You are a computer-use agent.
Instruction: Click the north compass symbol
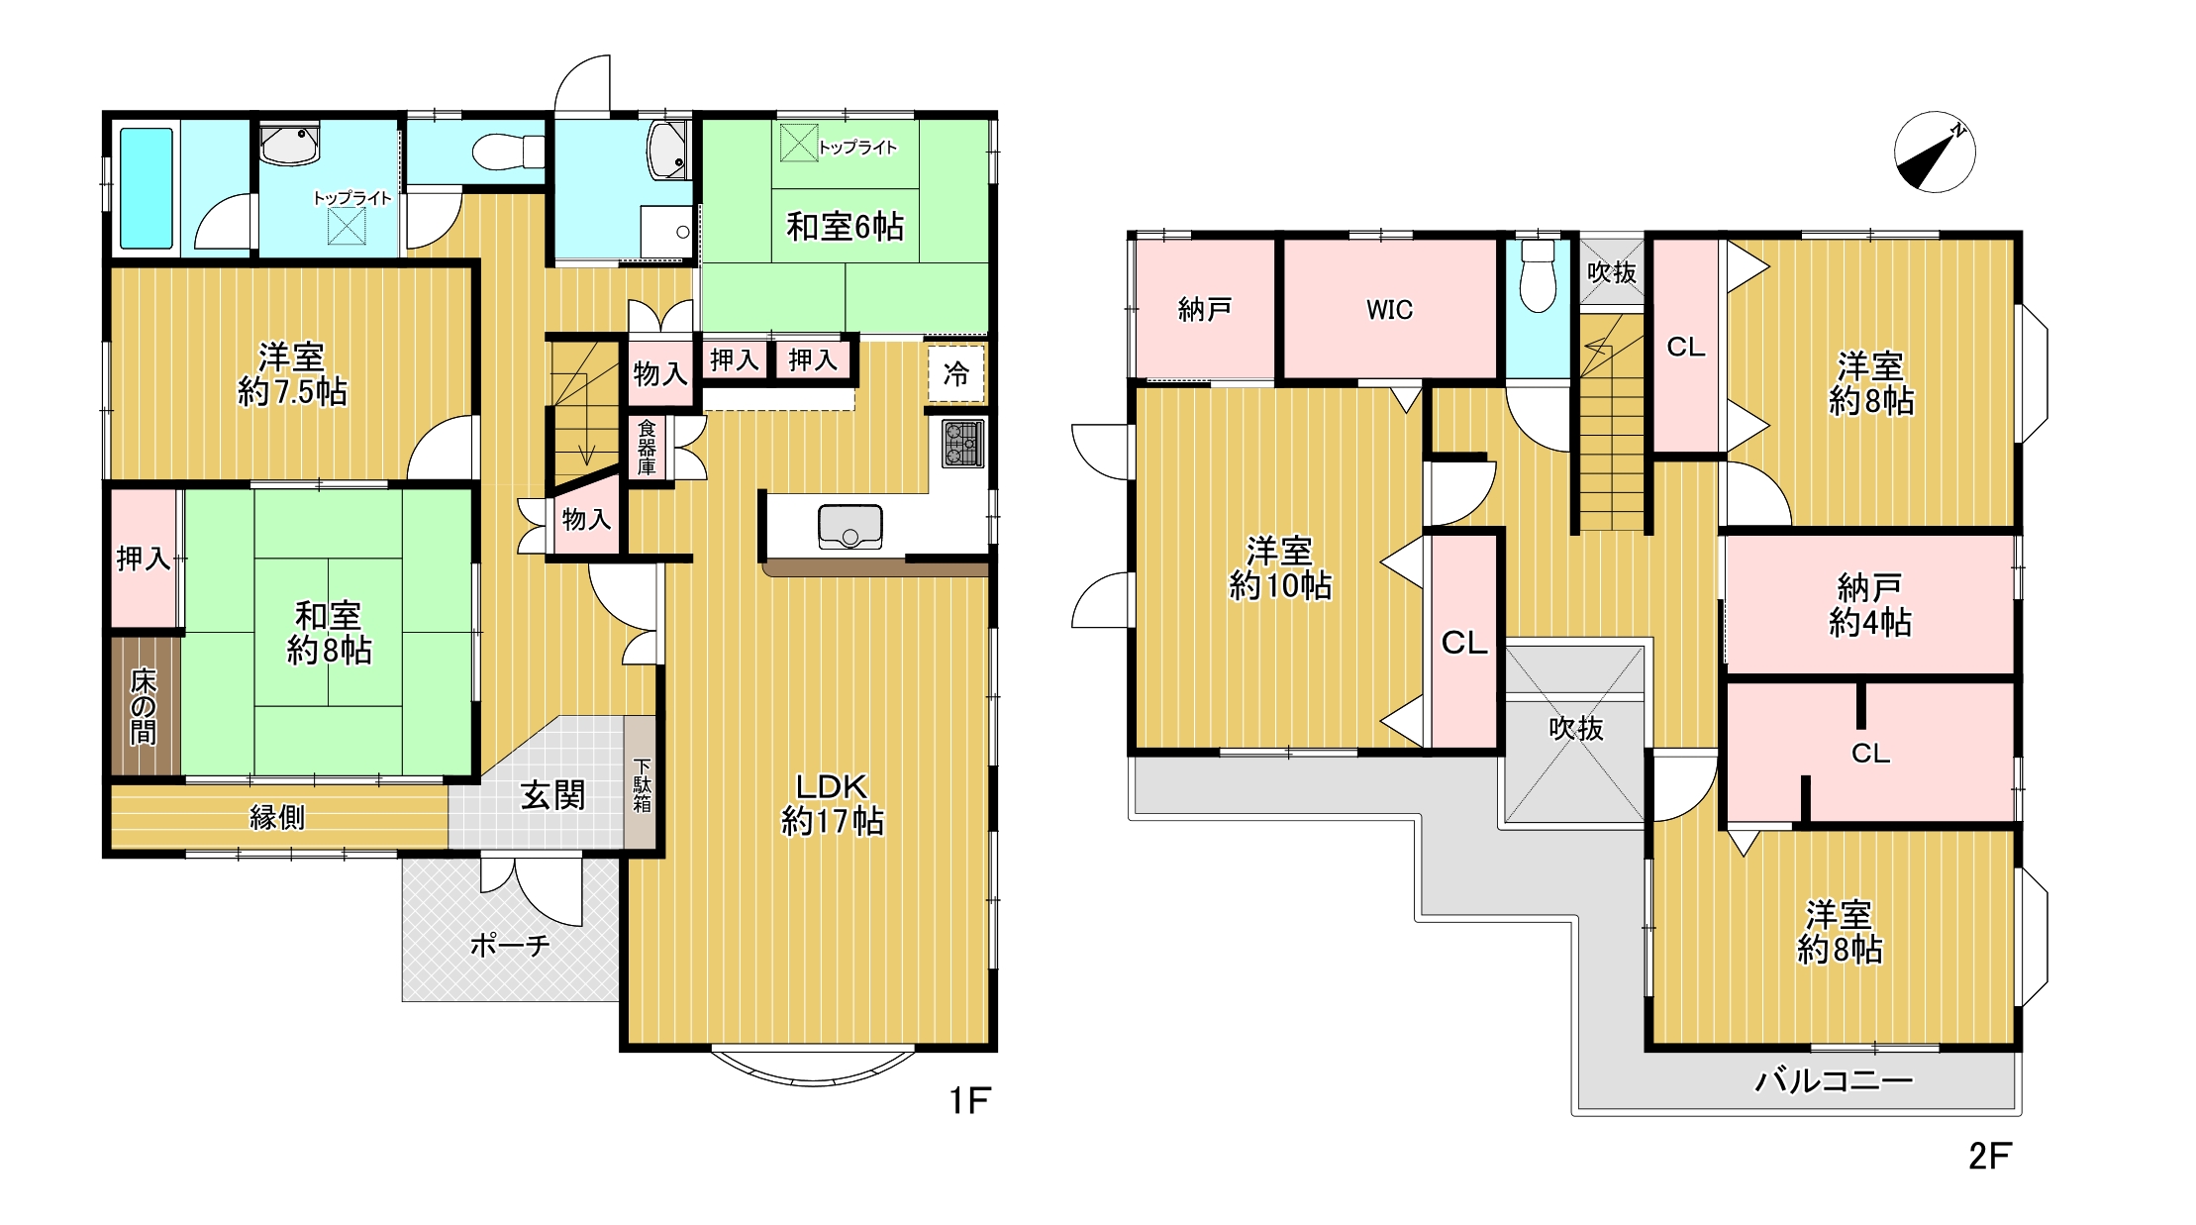[1935, 153]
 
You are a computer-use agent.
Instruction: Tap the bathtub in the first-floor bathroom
[147, 188]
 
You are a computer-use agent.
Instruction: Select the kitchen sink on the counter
[849, 526]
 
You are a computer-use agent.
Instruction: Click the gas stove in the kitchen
[962, 444]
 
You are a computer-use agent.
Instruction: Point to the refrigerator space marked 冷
[956, 373]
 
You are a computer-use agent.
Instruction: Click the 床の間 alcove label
[145, 705]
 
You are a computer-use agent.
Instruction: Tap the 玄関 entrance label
[552, 794]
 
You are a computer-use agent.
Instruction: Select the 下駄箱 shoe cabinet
[641, 782]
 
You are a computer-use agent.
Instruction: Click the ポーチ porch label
[510, 945]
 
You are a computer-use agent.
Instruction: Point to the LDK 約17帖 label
[832, 803]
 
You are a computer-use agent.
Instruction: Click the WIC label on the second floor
[1389, 310]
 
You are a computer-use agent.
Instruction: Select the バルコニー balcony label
[1834, 1079]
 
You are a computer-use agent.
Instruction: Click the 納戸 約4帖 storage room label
[1869, 605]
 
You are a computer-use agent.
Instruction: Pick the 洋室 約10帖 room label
[1280, 567]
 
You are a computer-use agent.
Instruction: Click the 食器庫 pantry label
[647, 447]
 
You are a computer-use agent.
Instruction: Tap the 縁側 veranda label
[277, 817]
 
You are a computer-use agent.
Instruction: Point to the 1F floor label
[969, 1100]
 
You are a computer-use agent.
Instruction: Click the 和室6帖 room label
[845, 227]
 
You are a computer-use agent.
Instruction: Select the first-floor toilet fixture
[508, 152]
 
